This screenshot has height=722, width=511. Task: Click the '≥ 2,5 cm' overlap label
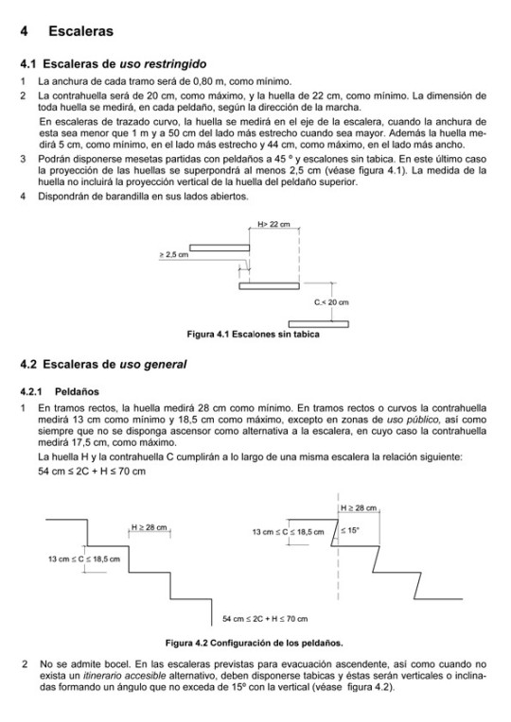click(173, 254)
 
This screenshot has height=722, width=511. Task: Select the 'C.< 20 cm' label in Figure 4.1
click(332, 302)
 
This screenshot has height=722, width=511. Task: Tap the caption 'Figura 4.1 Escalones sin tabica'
click(254, 334)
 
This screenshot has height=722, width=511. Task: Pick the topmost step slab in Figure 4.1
click(226, 245)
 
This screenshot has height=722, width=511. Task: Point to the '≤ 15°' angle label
click(349, 531)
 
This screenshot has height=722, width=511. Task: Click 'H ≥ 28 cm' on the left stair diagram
click(150, 527)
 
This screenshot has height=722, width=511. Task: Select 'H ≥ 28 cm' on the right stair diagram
click(359, 508)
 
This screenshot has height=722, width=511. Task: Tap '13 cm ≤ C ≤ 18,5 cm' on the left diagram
click(84, 559)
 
